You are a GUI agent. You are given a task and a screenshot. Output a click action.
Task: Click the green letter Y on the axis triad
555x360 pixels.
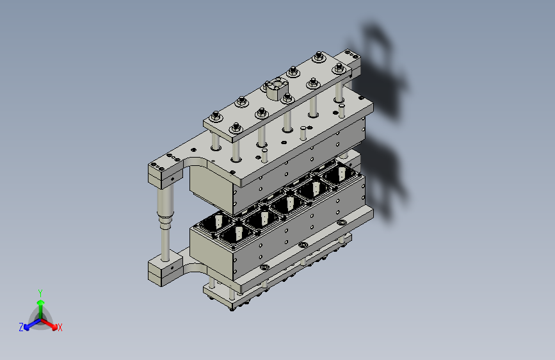coord(40,293)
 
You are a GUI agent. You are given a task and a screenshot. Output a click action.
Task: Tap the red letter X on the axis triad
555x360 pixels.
coord(60,328)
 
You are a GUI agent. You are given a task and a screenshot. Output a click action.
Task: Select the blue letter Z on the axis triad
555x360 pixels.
coord(21,327)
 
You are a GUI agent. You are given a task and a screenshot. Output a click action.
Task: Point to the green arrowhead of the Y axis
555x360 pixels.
coord(41,303)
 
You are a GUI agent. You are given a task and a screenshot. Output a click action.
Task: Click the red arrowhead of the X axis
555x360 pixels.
coord(54,327)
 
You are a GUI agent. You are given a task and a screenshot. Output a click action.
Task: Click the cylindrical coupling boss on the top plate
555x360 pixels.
coord(277,88)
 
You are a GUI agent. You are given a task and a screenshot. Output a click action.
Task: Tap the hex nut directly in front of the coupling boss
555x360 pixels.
coord(287,98)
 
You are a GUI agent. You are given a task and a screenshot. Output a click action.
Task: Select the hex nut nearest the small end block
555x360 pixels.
coord(339,68)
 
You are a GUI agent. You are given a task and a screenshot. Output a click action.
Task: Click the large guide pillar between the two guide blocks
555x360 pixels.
coord(165,222)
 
